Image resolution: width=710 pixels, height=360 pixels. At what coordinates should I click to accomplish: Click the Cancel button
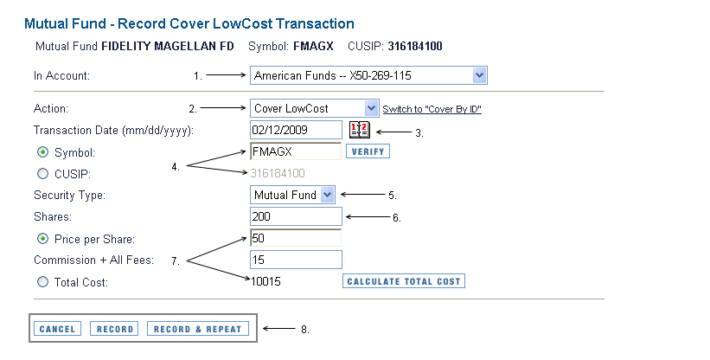[57, 329]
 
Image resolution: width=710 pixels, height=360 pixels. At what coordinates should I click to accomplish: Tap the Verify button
[368, 151]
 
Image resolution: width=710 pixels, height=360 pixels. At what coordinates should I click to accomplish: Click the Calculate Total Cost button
[404, 281]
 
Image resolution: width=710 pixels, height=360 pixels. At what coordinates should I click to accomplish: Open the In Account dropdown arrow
[479, 75]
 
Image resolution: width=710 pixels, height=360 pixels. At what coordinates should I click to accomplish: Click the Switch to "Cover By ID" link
[432, 109]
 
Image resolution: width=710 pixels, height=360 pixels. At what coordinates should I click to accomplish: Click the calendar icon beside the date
[360, 130]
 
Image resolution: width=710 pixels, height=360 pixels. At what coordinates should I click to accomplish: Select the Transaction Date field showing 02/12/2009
[296, 130]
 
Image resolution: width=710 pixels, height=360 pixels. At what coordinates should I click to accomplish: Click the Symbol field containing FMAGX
[296, 151]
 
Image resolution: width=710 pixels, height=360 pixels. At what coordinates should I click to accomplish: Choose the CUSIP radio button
[42, 173]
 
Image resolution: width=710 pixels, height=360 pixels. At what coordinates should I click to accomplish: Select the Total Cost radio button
[42, 282]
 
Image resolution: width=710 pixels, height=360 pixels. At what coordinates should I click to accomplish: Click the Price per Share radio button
[42, 239]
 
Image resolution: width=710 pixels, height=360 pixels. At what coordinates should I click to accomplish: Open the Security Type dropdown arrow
[328, 196]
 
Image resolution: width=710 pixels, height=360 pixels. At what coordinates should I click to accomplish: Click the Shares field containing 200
[296, 216]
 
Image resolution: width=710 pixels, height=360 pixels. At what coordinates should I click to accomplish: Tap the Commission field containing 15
[296, 260]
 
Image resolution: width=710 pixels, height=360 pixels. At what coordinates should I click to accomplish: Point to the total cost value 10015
[265, 281]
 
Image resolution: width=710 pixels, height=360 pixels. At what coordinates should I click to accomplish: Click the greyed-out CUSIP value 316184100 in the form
[278, 173]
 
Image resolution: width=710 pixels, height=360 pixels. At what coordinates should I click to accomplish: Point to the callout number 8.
[305, 330]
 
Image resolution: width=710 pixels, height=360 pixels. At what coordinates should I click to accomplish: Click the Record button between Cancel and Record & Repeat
[114, 329]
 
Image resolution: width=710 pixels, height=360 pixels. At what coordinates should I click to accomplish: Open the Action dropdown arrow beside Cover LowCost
[371, 108]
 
